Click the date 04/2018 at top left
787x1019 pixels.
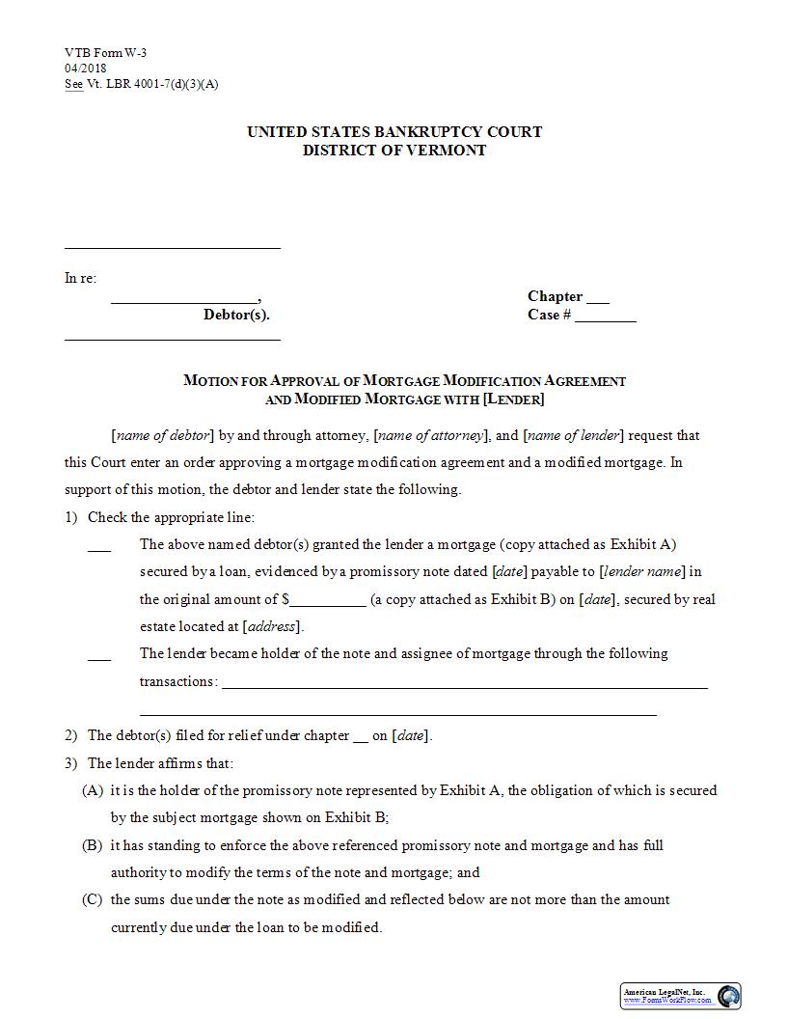(86, 68)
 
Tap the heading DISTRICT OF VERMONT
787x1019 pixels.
(394, 150)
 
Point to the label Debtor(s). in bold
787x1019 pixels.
(236, 315)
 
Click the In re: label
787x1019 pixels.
(81, 278)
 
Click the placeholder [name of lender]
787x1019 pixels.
(575, 435)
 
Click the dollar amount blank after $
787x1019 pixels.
(328, 601)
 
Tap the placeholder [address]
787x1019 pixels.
(271, 626)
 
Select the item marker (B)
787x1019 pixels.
(93, 845)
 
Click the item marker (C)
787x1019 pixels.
(93, 899)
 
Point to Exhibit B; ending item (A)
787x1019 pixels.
(356, 817)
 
